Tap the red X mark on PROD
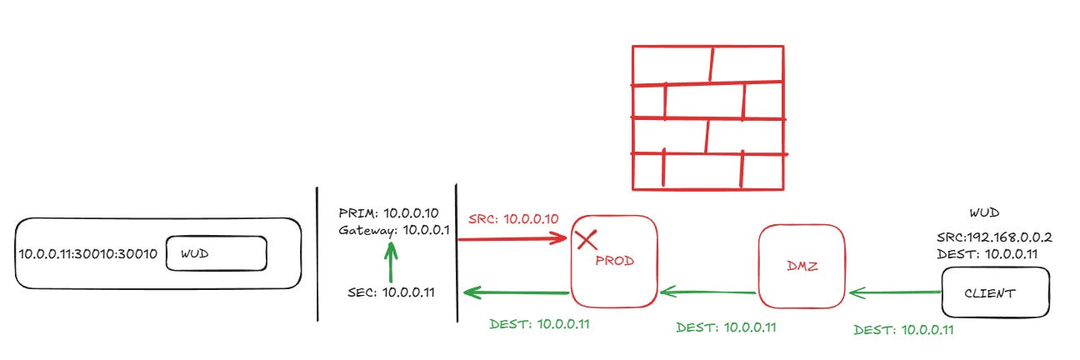(x=587, y=240)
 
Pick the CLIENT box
(x=994, y=293)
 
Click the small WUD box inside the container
(x=216, y=252)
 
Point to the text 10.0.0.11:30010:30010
(x=87, y=252)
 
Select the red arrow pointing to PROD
(x=512, y=239)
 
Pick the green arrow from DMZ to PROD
(x=708, y=292)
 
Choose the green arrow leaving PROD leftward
(x=516, y=292)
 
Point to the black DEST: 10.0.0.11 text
(x=991, y=252)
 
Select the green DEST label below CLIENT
(x=904, y=330)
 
